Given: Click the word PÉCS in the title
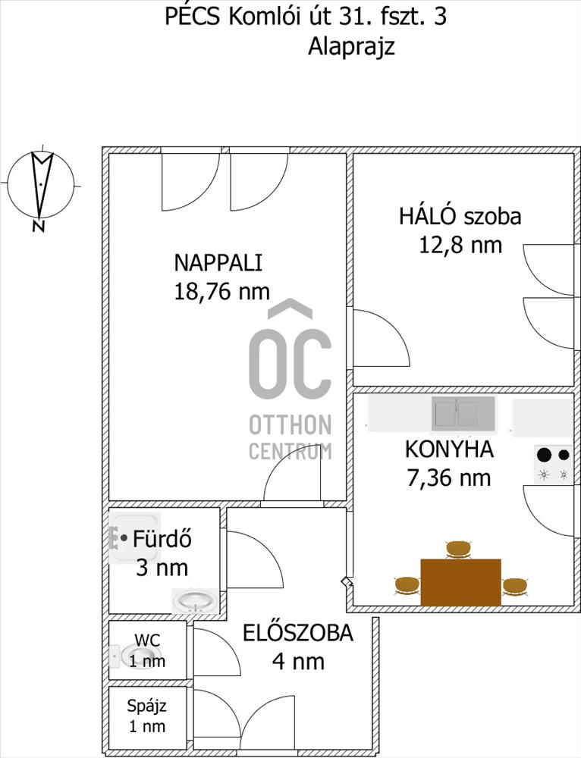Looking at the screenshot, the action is coord(192,16).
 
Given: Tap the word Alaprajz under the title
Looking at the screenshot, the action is coord(352,47).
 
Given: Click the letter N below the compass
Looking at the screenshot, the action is coord(38,226).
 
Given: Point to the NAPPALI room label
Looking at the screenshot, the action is coord(218,263).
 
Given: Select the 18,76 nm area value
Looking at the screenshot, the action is coord(221,292).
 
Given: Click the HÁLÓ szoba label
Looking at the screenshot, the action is coord(460,216).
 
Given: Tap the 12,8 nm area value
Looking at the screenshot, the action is coord(460,245).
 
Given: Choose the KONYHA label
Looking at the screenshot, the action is coord(449,449).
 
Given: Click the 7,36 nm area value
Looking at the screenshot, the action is coord(449,478).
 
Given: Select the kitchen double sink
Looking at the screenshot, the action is coord(463,413).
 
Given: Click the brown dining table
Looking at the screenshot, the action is coord(460,582).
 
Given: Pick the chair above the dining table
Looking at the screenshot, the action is coord(458,550).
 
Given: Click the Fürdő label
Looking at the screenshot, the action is coord(162,538).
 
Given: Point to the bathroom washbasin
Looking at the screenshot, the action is coord(196,601).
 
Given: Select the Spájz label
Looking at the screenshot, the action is coord(146,706).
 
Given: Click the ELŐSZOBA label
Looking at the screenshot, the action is coord(298,633).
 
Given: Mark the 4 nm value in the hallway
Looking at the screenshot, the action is coord(298,661).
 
